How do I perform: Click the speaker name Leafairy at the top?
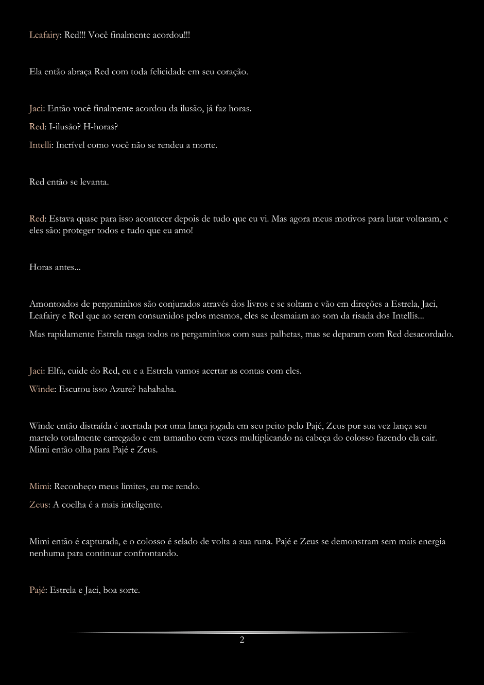[45, 35]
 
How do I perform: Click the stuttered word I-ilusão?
[65, 127]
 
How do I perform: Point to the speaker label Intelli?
[41, 145]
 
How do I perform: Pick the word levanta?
[95, 182]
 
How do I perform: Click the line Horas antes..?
[55, 268]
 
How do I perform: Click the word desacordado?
[428, 334]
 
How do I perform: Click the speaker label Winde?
[42, 389]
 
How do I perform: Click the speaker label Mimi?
[40, 486]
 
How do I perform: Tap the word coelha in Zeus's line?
[76, 505]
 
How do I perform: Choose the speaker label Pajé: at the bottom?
[39, 590]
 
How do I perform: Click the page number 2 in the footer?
[242, 640]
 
